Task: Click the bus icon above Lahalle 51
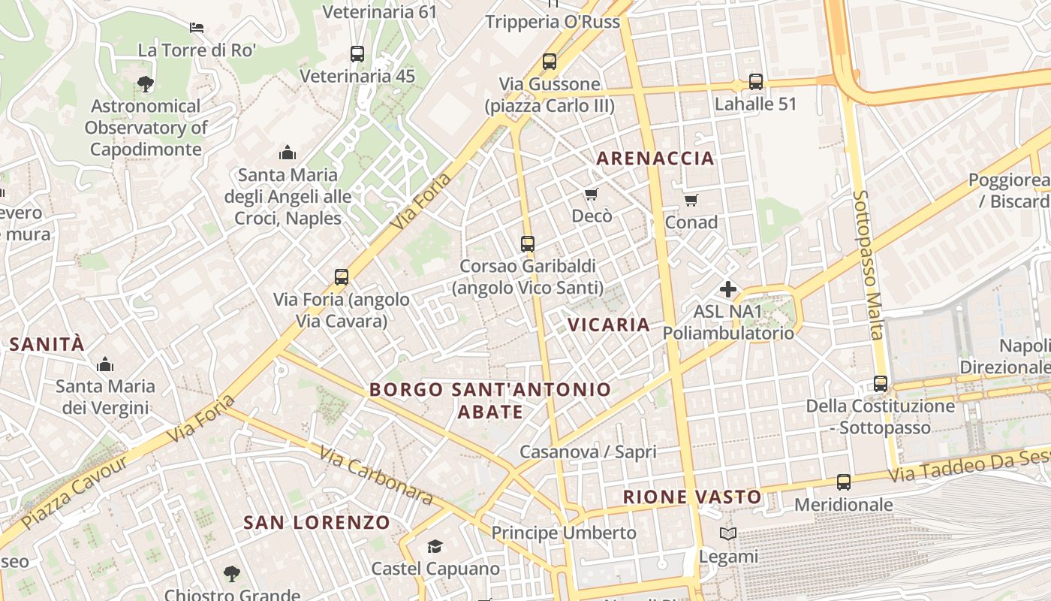pyautogui.click(x=755, y=82)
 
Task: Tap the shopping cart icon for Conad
pyautogui.click(x=691, y=200)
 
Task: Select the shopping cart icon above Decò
pyautogui.click(x=592, y=195)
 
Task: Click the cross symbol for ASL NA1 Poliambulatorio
pyautogui.click(x=727, y=289)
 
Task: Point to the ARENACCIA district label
pyautogui.click(x=655, y=159)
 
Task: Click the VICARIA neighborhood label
pyautogui.click(x=609, y=325)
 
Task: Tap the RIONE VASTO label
pyautogui.click(x=692, y=497)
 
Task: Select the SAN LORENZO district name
pyautogui.click(x=317, y=522)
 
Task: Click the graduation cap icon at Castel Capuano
pyautogui.click(x=435, y=546)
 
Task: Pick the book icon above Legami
pyautogui.click(x=727, y=534)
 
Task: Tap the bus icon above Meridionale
pyautogui.click(x=844, y=482)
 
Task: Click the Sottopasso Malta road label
pyautogui.click(x=866, y=263)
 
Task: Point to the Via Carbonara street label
pyautogui.click(x=376, y=476)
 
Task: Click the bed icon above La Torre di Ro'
pyautogui.click(x=197, y=28)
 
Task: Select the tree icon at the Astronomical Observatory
pyautogui.click(x=146, y=83)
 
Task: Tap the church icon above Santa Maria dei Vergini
pyautogui.click(x=105, y=365)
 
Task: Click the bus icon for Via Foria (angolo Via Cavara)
pyautogui.click(x=342, y=277)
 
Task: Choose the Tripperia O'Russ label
pyautogui.click(x=553, y=22)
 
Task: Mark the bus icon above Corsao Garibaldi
pyautogui.click(x=528, y=243)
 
